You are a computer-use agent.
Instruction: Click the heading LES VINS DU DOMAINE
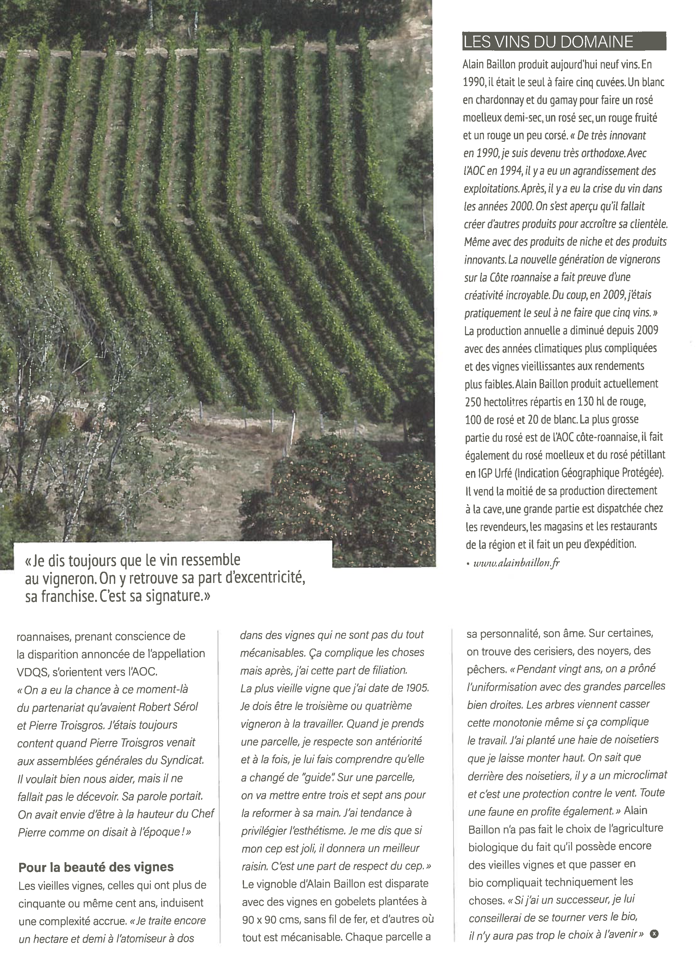[548, 42]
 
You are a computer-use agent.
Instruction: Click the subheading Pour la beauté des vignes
[96, 867]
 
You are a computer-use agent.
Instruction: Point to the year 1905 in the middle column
[417, 688]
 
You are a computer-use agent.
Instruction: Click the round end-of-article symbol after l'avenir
[654, 934]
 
